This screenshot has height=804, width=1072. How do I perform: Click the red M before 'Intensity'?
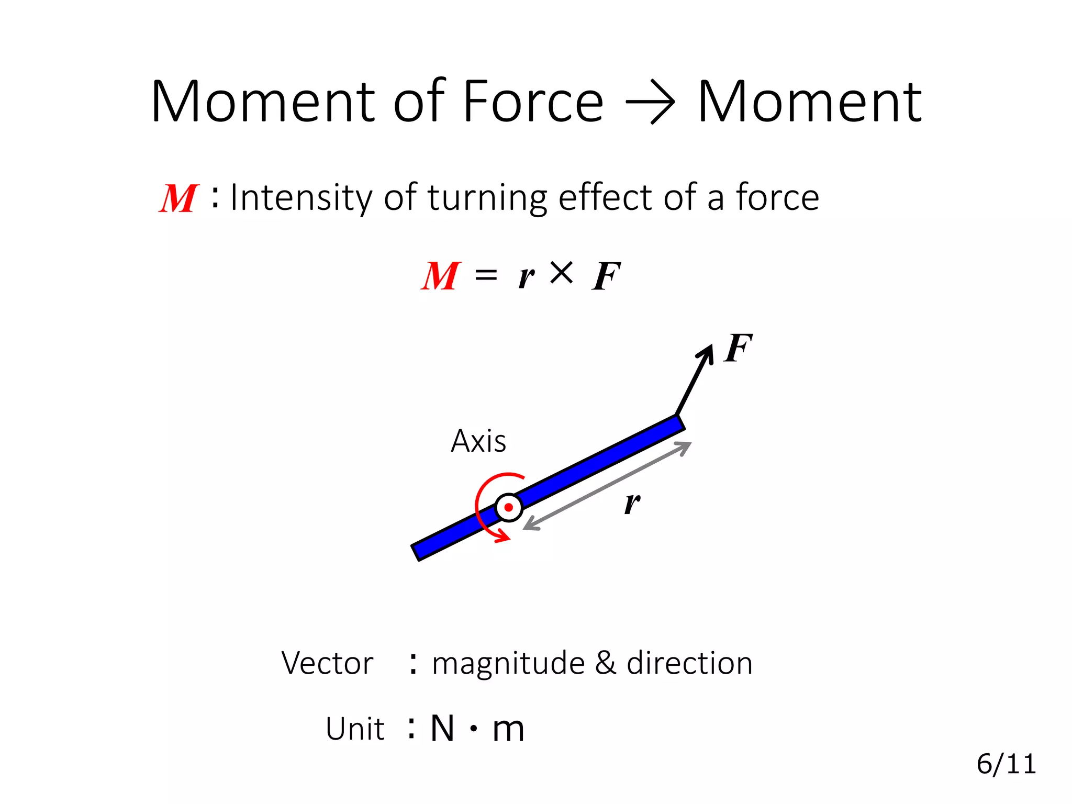(178, 199)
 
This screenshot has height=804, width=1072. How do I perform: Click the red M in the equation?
(441, 276)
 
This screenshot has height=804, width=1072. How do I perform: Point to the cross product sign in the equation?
(561, 273)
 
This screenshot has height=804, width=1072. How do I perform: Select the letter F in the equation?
(606, 276)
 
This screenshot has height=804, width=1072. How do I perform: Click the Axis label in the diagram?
(478, 441)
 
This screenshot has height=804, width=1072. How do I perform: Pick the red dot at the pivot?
(508, 507)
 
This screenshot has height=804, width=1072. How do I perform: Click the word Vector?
(327, 663)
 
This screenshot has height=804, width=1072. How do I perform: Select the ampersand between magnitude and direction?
(606, 663)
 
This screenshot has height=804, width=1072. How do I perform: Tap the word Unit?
(355, 729)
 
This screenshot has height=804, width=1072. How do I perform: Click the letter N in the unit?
(442, 728)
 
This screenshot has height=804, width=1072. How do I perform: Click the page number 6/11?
(1006, 764)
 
